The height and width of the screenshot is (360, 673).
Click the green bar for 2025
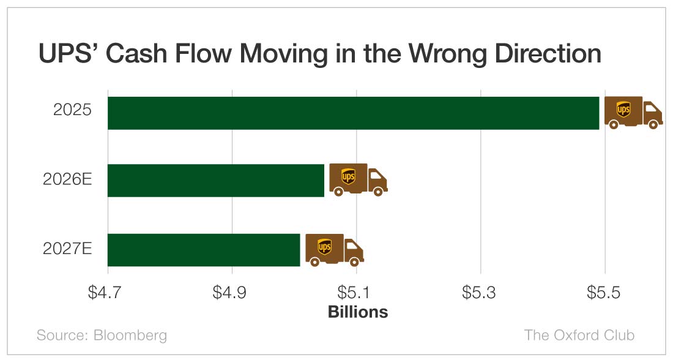[x=353, y=113]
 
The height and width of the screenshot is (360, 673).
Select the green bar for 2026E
[x=215, y=181]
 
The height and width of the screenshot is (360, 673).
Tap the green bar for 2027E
[x=204, y=250]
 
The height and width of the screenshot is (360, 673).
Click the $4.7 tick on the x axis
[x=108, y=293]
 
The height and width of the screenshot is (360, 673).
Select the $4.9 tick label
[x=232, y=293]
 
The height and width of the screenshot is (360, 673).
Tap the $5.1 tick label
[x=356, y=293]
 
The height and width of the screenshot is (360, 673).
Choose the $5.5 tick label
[x=604, y=293]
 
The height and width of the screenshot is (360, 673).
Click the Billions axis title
[x=358, y=312]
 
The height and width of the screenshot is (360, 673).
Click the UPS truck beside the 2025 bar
[x=633, y=113]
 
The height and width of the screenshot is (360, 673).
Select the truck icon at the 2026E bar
[x=358, y=180]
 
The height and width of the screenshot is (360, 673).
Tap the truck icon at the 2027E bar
[x=334, y=249]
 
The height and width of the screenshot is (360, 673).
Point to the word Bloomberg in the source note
[x=130, y=335]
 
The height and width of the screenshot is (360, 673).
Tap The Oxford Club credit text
[x=579, y=335]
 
